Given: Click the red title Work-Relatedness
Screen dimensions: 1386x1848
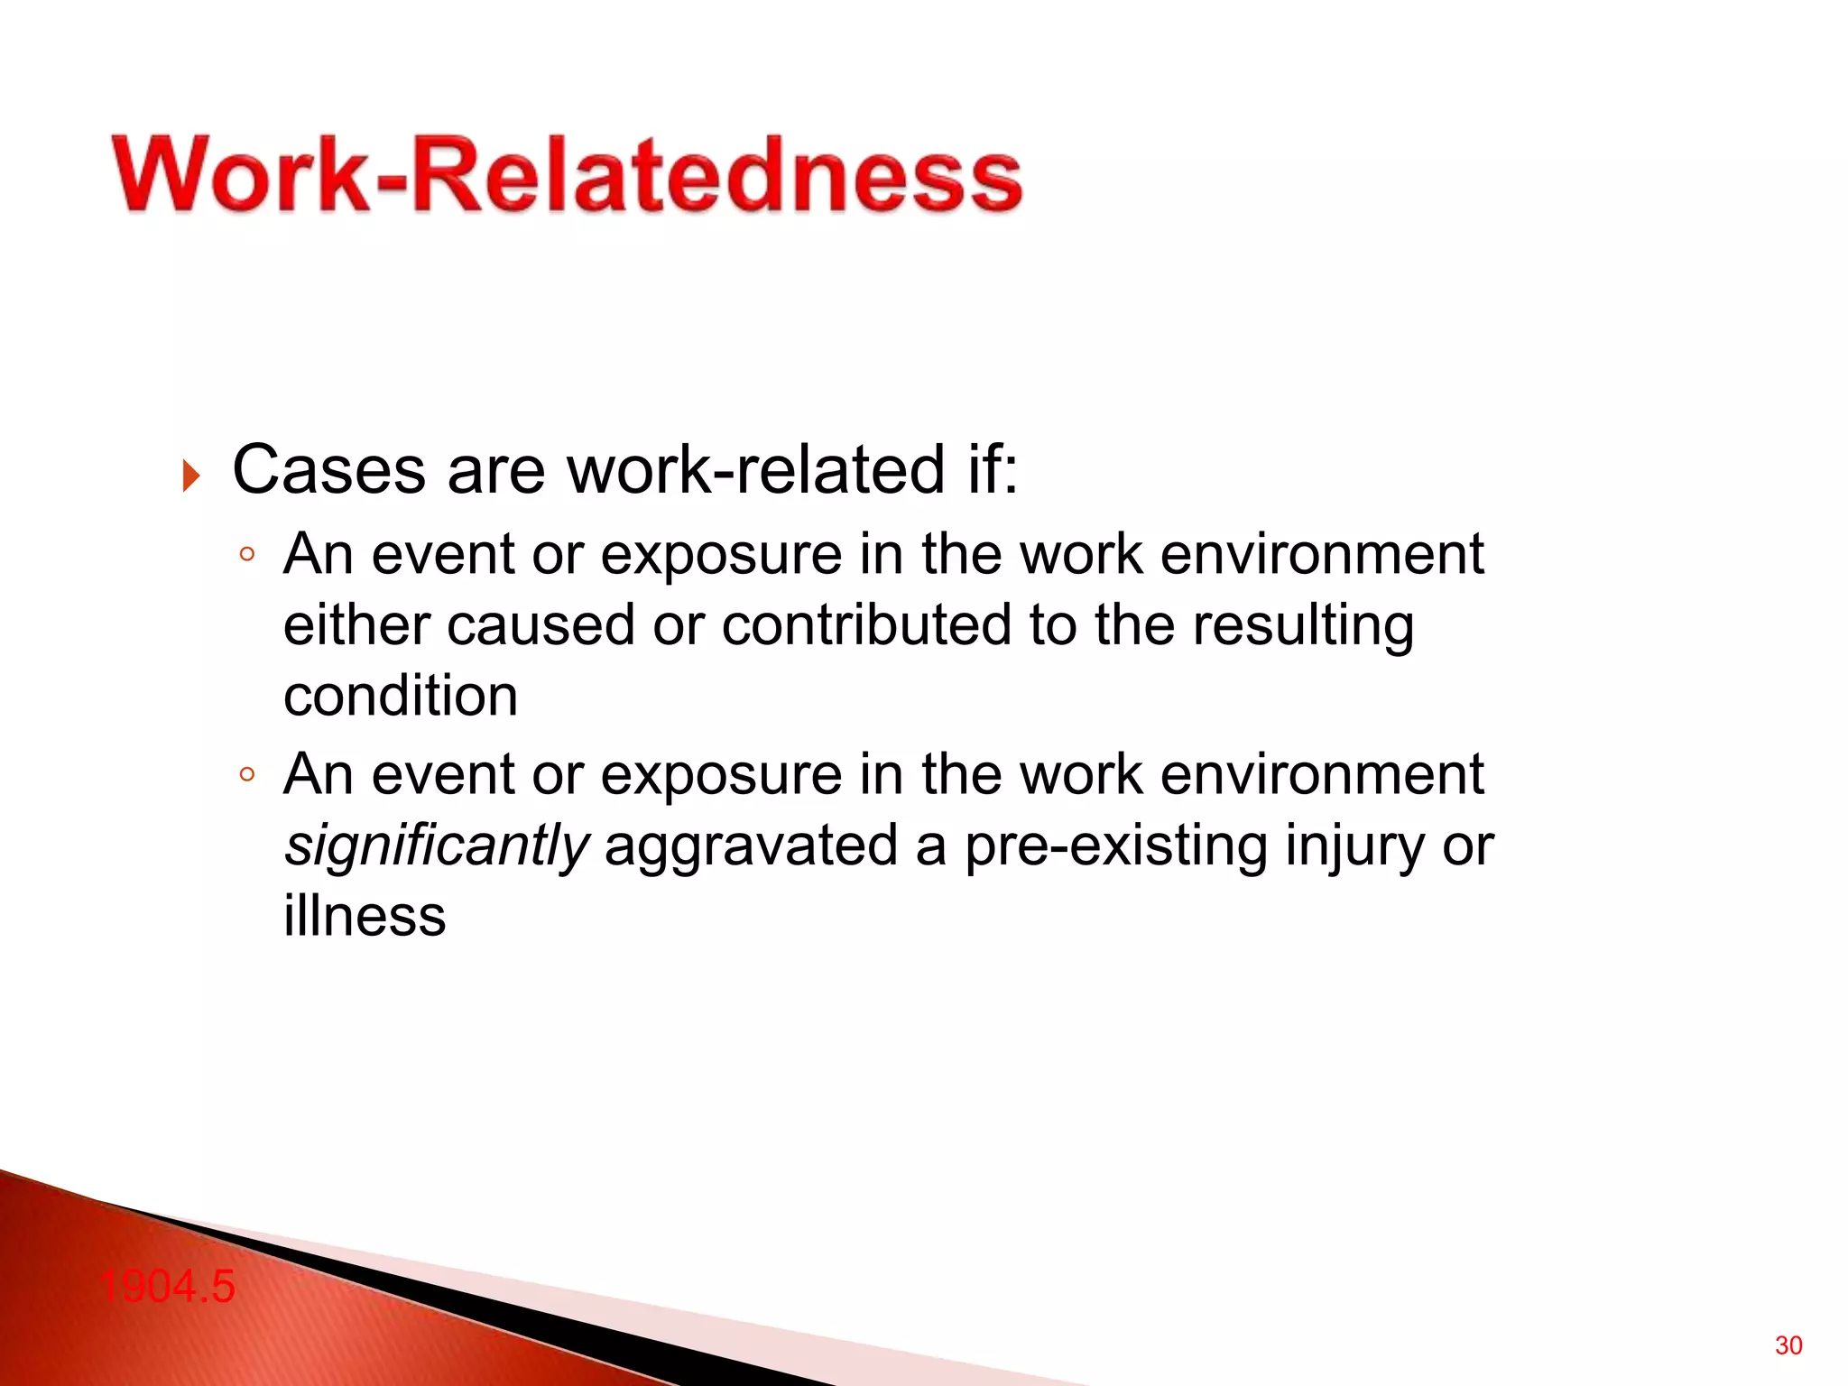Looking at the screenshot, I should pos(567,174).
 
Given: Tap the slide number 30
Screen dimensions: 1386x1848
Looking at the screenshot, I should pos(1788,1345).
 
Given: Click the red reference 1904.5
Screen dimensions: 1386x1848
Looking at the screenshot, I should pos(167,1286).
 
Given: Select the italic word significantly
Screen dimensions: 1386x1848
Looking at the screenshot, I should pos(436,846).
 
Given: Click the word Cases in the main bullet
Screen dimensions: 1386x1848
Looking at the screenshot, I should pos(328,470).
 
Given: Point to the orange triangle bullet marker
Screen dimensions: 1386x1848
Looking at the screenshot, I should pos(190,476).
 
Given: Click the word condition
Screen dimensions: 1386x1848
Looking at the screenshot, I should pos(401,697).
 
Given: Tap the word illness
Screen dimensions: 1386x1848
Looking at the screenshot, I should pos(365,916).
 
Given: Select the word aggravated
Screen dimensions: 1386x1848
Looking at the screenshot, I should pos(751,846).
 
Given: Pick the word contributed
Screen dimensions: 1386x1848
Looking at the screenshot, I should pos(866,625).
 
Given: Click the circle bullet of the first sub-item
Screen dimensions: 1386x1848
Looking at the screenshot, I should pos(247,555).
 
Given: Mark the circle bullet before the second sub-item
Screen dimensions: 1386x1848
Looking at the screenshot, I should pos(247,774).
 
